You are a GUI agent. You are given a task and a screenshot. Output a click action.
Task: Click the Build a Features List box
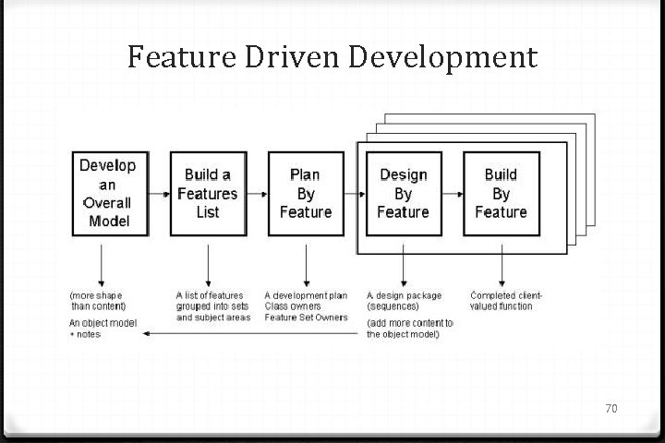tap(208, 193)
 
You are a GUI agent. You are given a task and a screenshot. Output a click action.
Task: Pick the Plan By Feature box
tap(305, 193)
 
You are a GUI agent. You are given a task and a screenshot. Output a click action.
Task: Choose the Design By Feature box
tap(403, 193)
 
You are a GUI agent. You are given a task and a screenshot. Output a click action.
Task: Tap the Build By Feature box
tap(501, 193)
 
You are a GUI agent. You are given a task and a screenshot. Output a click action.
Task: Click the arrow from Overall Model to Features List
tap(159, 195)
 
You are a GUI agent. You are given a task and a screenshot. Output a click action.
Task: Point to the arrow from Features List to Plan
tap(257, 195)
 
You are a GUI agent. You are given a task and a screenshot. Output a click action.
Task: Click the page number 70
tap(611, 407)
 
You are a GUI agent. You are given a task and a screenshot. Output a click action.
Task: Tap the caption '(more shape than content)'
tap(98, 301)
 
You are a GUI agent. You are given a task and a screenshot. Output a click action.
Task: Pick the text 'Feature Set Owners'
tap(306, 317)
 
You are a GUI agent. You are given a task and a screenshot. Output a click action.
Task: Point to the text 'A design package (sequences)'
tap(404, 301)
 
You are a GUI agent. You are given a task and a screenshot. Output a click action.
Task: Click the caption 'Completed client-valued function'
tap(506, 301)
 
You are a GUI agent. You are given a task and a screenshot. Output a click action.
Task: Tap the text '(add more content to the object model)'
tap(409, 329)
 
